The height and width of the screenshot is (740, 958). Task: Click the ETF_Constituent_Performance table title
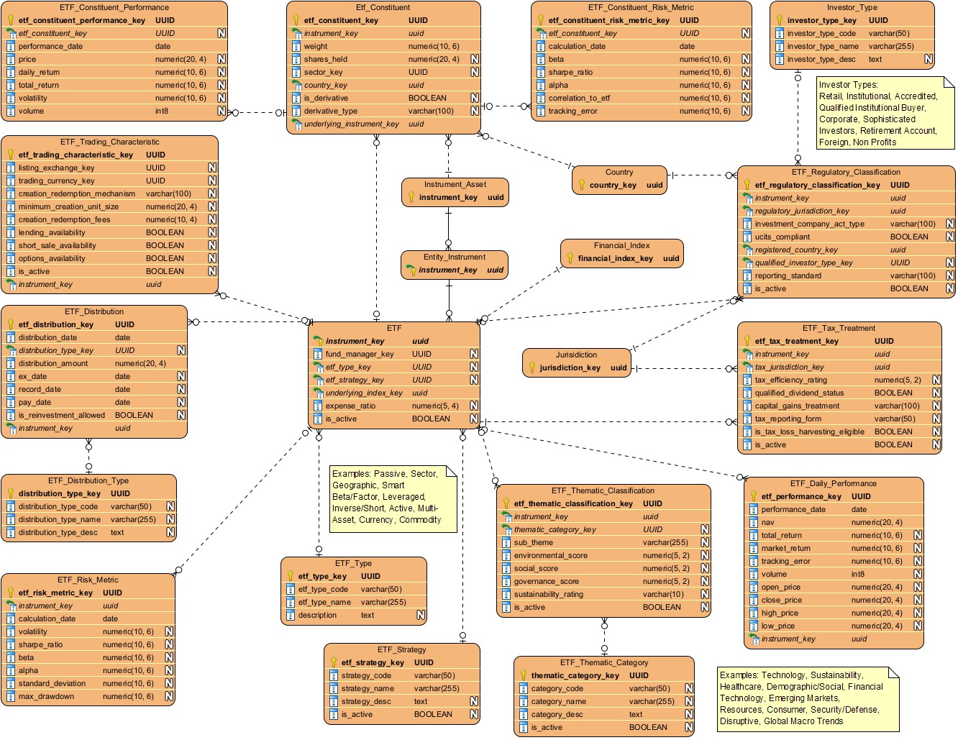tap(115, 7)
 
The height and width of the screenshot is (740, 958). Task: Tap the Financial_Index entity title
tap(621, 245)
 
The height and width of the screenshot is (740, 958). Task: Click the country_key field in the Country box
tap(613, 185)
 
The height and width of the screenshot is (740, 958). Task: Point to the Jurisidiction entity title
tap(576, 355)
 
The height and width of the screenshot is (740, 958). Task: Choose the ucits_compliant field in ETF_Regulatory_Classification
tap(782, 237)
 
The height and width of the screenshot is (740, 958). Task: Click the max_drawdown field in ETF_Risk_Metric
tap(46, 696)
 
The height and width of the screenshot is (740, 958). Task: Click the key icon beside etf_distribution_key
tap(11, 324)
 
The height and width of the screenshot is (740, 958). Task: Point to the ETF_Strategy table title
tap(401, 649)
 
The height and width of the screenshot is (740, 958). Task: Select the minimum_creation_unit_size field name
tap(68, 206)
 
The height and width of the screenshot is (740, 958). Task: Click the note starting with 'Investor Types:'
tap(884, 113)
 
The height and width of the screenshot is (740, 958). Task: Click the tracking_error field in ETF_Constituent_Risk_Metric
tap(572, 111)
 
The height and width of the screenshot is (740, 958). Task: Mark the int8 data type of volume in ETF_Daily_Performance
tap(857, 574)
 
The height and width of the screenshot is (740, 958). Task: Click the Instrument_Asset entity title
tap(455, 184)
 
